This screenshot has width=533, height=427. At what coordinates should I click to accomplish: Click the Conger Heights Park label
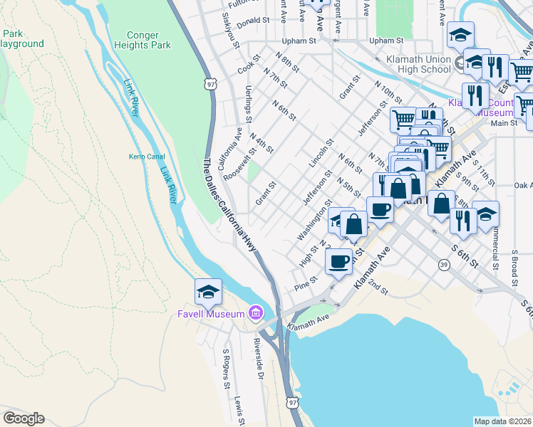149,39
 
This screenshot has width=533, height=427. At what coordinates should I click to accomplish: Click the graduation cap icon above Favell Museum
208,292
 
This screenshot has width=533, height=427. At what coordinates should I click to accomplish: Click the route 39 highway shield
444,265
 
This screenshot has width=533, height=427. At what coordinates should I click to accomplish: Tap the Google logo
24,418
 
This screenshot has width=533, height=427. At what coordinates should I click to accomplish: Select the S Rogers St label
227,363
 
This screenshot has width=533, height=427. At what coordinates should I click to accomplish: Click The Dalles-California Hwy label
230,203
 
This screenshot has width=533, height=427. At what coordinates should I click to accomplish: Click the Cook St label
247,66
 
